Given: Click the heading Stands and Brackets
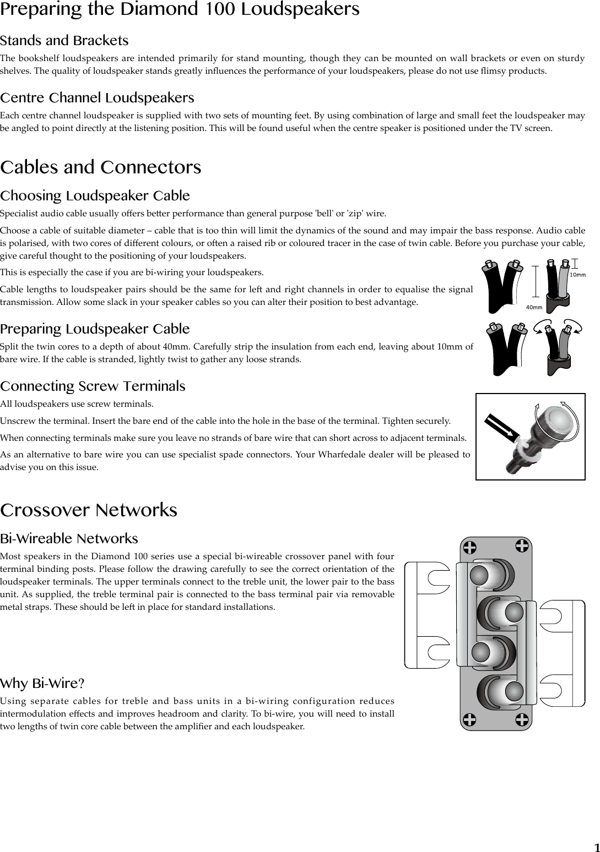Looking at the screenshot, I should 64,41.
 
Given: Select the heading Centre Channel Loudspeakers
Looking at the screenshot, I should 97,98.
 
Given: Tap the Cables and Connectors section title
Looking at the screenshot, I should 101,167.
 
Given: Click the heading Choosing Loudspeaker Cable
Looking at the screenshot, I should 95,196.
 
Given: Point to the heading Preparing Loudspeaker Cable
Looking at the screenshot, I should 95,329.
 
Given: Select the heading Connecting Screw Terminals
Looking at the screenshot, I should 93,386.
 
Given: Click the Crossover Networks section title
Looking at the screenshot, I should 89,510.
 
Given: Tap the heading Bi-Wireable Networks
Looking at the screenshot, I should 69,538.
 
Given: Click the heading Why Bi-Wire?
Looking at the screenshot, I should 42,684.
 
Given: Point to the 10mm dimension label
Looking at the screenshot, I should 577,274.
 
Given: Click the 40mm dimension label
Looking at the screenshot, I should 534,307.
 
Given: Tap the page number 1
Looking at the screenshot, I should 596,846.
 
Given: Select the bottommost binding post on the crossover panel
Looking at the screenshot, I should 512,691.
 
